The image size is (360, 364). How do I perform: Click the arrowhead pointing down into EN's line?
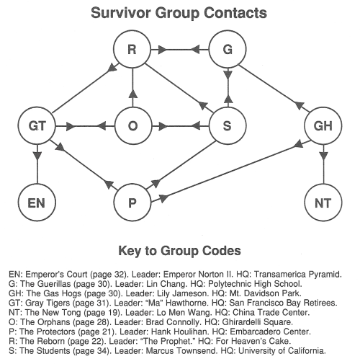(37, 156)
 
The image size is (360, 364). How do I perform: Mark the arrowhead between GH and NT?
(323, 156)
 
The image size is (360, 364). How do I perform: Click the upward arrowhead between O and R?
(132, 94)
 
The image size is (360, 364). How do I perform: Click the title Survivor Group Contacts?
(179, 13)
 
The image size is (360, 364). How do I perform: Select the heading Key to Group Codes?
(179, 251)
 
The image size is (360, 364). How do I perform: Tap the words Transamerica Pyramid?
(297, 275)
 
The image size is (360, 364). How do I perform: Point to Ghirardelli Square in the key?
(257, 322)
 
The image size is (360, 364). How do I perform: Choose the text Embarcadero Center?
(271, 332)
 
